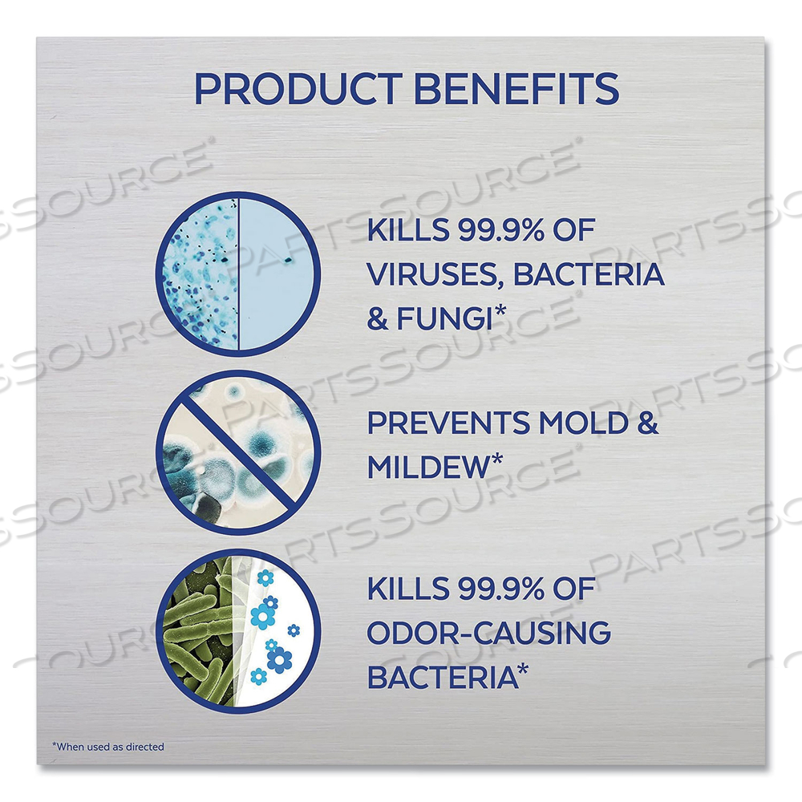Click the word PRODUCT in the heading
(x=301, y=88)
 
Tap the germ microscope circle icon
(x=238, y=273)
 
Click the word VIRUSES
(x=431, y=275)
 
